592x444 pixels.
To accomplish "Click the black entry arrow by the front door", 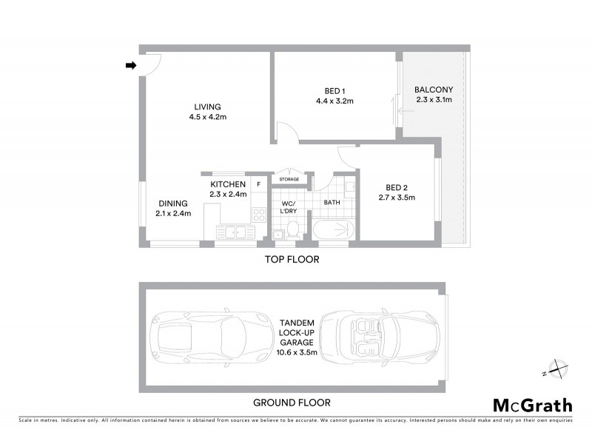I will click(x=131, y=66).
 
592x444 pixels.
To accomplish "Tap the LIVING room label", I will click(x=207, y=106).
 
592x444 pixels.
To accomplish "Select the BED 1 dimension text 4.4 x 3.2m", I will click(x=334, y=101).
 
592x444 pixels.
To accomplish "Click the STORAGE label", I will click(x=289, y=179).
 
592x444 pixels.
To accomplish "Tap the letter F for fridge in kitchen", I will click(x=258, y=183).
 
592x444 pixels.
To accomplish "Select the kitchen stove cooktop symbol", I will click(x=259, y=215).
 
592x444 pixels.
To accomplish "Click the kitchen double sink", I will click(x=231, y=232).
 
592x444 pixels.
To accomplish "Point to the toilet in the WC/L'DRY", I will click(x=293, y=231).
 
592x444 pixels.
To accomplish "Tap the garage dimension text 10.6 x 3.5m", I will click(x=297, y=352).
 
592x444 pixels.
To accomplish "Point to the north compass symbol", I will click(x=555, y=368).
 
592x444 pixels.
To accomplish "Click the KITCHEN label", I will click(x=227, y=184).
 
